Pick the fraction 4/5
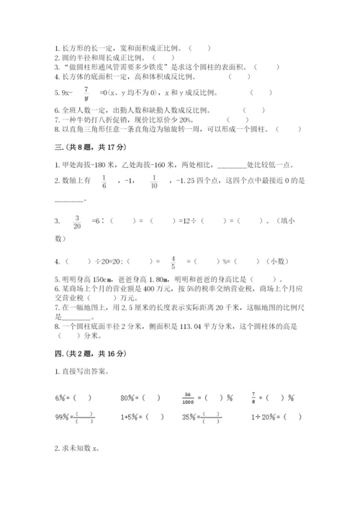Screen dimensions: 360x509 tap(174, 261)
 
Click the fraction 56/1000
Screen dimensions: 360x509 tap(189, 397)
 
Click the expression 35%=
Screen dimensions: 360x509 tap(191, 417)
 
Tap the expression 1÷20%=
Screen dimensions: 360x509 tap(270, 417)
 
